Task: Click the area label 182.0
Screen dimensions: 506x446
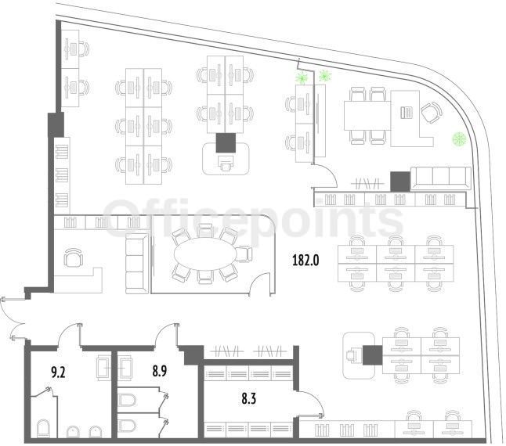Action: click(305, 260)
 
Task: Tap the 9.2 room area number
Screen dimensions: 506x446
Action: click(58, 372)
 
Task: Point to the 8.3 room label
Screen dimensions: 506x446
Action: click(249, 399)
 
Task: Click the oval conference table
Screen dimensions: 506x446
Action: click(206, 254)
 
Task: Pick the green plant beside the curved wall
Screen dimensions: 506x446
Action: click(459, 139)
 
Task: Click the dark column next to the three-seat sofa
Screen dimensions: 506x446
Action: click(400, 182)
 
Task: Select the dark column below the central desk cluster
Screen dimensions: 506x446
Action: click(226, 142)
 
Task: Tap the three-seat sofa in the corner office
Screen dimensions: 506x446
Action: click(440, 178)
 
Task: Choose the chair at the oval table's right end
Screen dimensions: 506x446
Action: click(244, 254)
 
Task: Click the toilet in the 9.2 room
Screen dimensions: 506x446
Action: click(43, 428)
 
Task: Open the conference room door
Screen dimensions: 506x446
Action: click(261, 283)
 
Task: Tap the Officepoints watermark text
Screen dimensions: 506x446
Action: click(253, 220)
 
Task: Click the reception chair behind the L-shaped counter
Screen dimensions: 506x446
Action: click(74, 257)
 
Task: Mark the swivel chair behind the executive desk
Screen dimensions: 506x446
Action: click(432, 112)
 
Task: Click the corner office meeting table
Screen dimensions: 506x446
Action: click(367, 115)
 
